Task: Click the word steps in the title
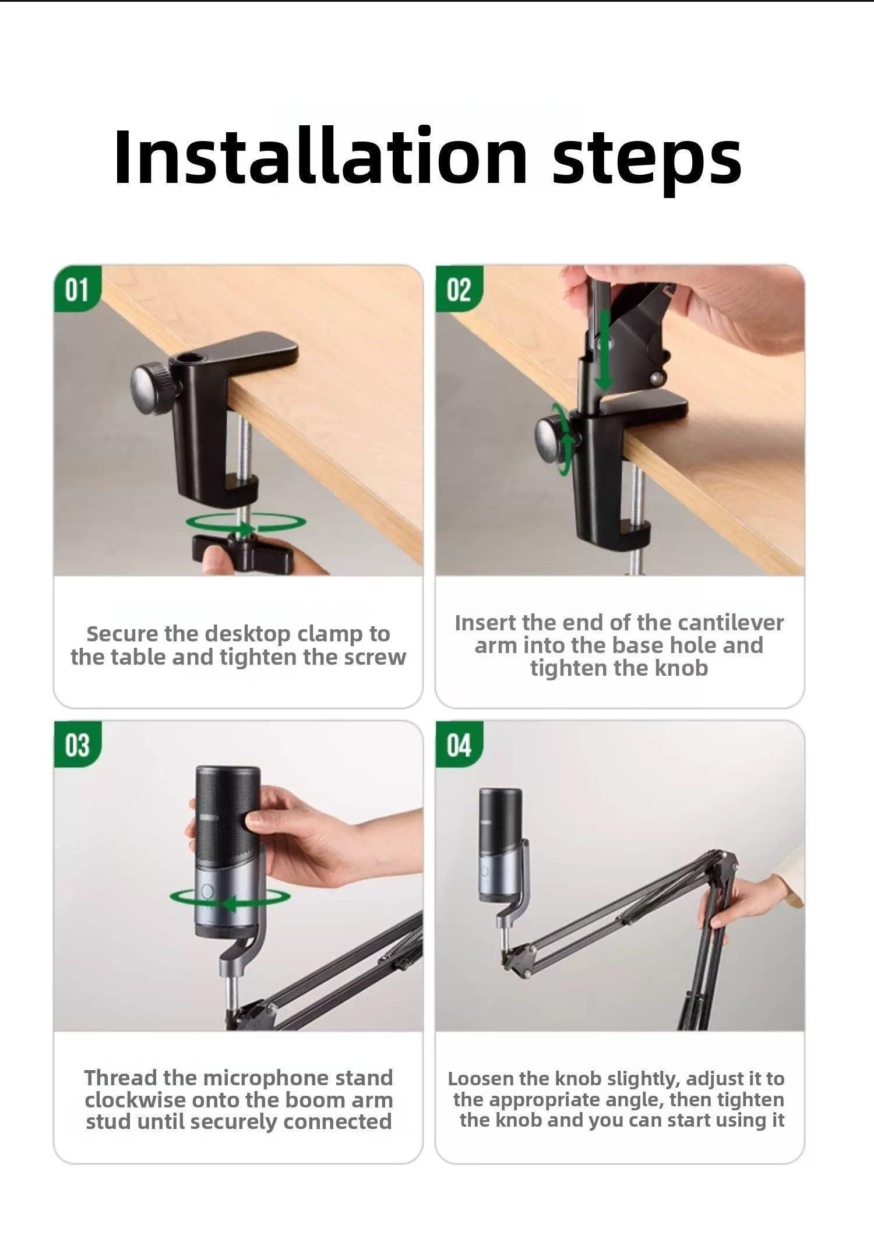647,160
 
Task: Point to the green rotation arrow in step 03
230,904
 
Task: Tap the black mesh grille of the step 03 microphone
227,816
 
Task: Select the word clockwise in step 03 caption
134,1100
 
